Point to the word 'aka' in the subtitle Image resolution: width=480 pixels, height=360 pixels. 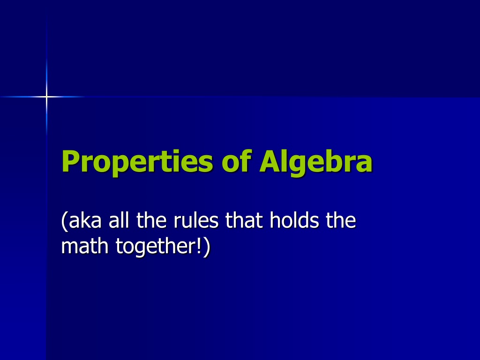[x=85, y=220]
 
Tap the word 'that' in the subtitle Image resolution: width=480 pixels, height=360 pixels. [x=244, y=220]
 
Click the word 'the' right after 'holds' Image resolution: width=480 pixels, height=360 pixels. [x=341, y=220]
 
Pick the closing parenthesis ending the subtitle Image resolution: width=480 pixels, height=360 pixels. [x=207, y=247]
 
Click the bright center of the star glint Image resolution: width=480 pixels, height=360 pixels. [x=46, y=97]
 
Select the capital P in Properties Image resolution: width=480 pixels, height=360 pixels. [x=71, y=161]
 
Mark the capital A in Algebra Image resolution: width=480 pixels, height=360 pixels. [x=271, y=161]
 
